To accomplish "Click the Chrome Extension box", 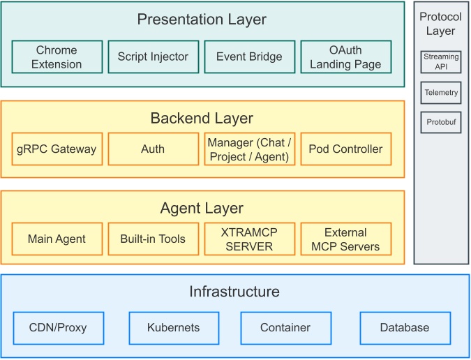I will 57,57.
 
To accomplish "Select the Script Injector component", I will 154,57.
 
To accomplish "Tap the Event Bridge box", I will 249,57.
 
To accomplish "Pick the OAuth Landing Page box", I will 345,57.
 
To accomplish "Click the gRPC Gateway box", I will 57,149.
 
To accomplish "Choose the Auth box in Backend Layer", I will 154,149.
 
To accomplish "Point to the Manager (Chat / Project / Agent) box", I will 249,149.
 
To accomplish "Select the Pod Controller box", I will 345,149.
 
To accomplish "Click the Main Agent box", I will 57,239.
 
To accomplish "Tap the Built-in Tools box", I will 154,239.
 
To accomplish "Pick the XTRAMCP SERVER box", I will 249,239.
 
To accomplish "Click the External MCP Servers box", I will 345,239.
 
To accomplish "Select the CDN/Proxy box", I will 59,328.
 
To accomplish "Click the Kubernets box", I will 174,328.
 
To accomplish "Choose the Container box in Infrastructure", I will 285,328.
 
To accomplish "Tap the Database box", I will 405,328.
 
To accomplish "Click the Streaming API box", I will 441,62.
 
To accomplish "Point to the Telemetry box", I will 441,93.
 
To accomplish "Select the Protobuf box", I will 441,122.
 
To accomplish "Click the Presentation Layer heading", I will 202,19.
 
